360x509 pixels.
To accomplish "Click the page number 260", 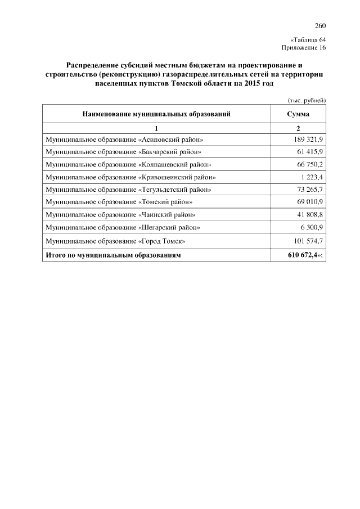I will point(321,26).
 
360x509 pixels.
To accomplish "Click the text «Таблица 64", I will point(308,40).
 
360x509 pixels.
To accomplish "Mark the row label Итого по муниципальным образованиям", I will point(114,255).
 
